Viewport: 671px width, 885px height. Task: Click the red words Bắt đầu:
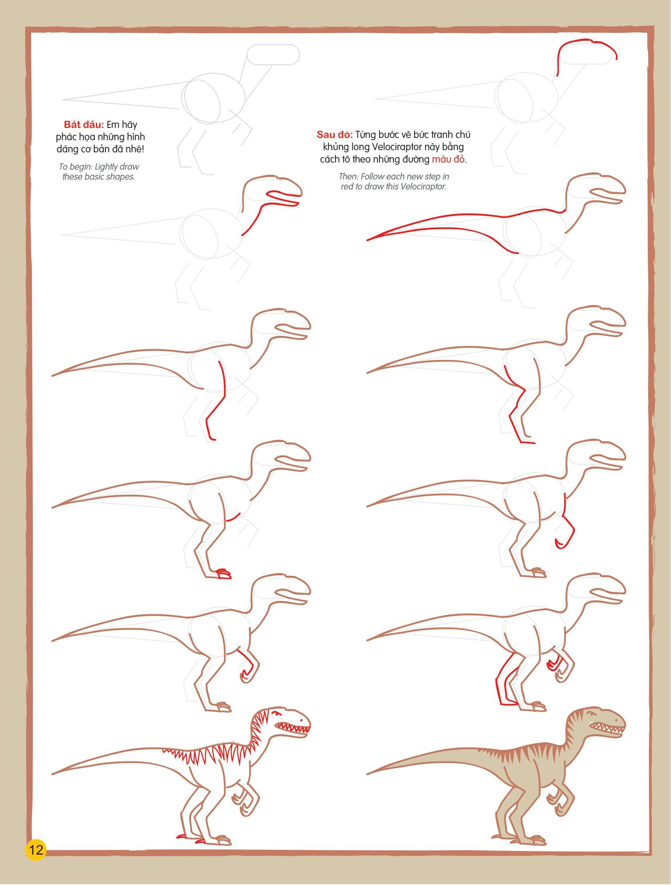tap(84, 124)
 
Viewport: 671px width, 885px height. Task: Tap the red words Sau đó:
tap(334, 134)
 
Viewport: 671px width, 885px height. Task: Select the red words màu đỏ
tap(449, 159)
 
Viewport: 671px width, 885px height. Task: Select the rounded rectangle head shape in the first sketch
tap(273, 55)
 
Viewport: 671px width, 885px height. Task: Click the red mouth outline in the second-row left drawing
tap(282, 198)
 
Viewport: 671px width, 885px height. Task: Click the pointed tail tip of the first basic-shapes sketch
tap(63, 100)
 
